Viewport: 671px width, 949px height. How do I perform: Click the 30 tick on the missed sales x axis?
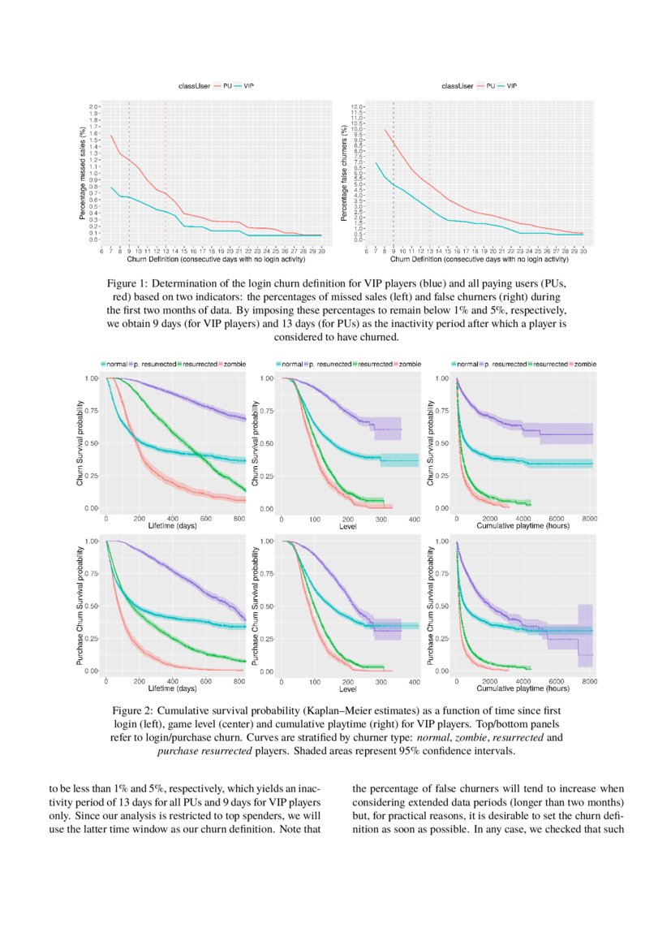point(321,252)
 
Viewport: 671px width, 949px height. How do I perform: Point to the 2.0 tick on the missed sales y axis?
point(93,106)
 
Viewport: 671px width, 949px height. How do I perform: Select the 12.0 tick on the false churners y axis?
point(356,106)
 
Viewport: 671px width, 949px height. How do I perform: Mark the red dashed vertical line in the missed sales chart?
point(166,170)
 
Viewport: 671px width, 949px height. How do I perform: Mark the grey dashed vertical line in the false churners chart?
point(394,170)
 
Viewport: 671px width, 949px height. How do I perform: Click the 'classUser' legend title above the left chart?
point(196,84)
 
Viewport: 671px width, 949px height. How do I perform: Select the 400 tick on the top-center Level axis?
point(414,517)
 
